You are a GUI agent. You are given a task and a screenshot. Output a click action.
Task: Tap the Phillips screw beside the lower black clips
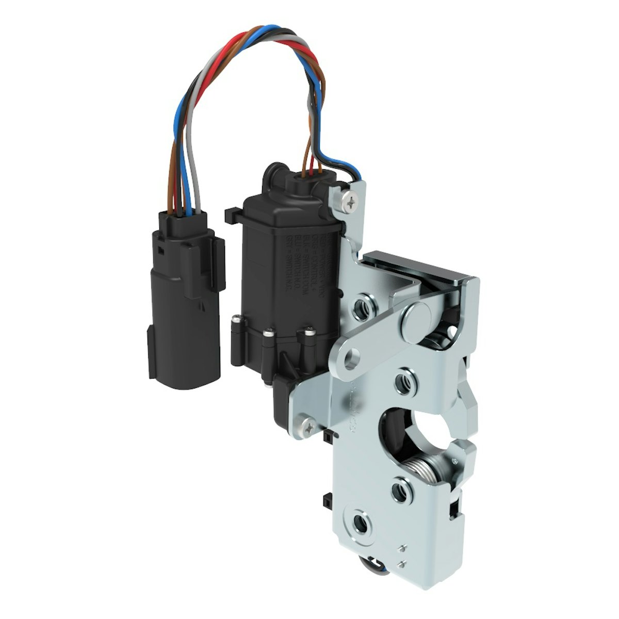pyautogui.click(x=308, y=425)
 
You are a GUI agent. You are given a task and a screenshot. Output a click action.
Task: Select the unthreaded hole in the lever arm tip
pyautogui.click(x=352, y=356)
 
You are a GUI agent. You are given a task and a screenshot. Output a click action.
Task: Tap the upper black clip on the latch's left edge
pyautogui.click(x=329, y=438)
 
